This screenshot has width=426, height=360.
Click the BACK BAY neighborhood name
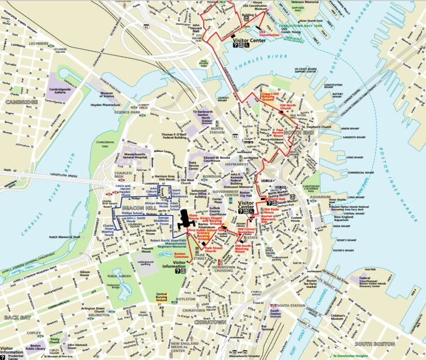[16, 318]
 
